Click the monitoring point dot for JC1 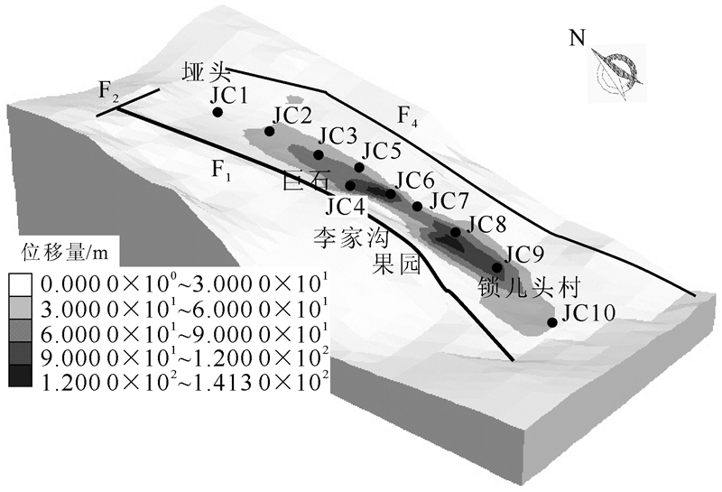pyautogui.click(x=218, y=112)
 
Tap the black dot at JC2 pyautogui.click(x=269, y=132)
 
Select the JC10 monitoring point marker pyautogui.click(x=552, y=322)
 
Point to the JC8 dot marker pyautogui.click(x=456, y=232)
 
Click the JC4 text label pyautogui.click(x=346, y=207)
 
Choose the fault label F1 pyautogui.click(x=222, y=169)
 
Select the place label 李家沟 pyautogui.click(x=347, y=237)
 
